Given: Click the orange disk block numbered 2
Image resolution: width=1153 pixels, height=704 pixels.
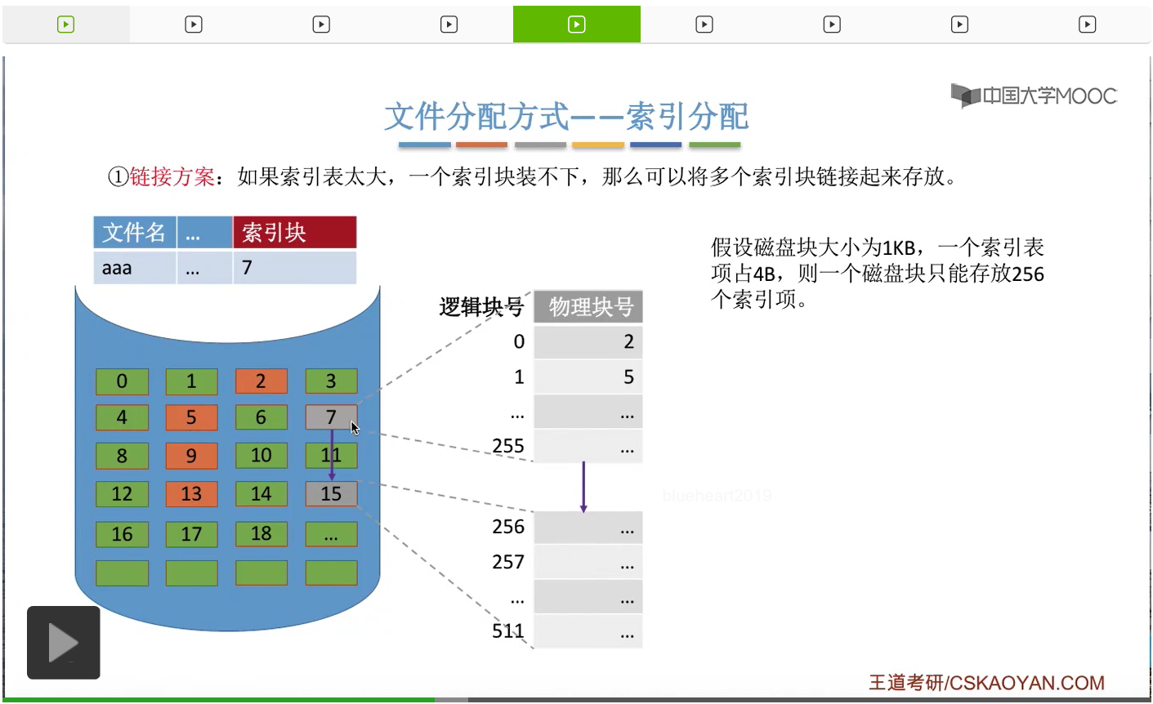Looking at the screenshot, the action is click(261, 381).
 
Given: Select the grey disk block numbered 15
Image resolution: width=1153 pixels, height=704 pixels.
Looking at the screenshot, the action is click(331, 493).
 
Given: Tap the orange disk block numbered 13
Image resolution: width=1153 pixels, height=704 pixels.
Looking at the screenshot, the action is click(191, 493).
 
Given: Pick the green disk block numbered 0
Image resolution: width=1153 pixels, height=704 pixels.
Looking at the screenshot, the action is click(122, 381).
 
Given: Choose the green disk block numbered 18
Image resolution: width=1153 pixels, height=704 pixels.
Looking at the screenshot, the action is click(261, 533).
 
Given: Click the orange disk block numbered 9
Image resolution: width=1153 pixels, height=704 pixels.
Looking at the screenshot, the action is click(191, 456).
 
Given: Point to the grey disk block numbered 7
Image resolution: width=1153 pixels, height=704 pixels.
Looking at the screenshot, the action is click(330, 417).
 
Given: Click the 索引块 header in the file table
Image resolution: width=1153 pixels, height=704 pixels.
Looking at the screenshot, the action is click(294, 233).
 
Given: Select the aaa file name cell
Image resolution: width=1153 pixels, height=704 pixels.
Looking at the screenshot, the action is click(135, 268).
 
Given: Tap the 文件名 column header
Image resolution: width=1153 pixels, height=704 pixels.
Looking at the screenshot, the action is click(135, 233).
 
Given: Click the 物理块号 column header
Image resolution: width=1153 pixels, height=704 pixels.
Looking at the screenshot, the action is click(588, 307).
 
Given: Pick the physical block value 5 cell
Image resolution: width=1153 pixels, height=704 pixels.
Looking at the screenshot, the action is click(588, 377).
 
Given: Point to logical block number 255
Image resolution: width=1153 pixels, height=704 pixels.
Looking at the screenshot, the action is click(507, 446).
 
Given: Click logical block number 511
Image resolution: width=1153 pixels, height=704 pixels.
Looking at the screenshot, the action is click(507, 630).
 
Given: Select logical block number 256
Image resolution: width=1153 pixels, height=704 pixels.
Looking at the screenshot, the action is click(507, 527).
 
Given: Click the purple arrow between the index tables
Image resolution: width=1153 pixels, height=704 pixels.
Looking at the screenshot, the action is click(583, 487).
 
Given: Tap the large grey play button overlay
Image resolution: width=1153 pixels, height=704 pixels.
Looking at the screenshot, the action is click(64, 643).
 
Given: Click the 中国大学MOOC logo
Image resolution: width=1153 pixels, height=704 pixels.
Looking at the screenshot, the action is click(1034, 96).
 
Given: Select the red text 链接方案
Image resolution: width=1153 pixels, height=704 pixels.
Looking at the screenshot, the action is click(172, 176).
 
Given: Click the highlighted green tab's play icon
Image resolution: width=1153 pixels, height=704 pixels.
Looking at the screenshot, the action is click(576, 25).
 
